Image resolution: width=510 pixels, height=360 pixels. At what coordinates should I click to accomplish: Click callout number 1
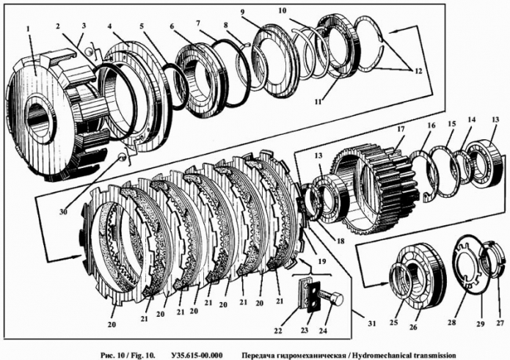[27, 29]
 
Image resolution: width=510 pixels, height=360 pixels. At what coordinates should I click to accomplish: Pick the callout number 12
[418, 72]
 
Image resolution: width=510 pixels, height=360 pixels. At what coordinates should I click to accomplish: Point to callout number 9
[243, 12]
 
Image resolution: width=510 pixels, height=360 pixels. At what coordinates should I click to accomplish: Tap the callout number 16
[432, 125]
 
